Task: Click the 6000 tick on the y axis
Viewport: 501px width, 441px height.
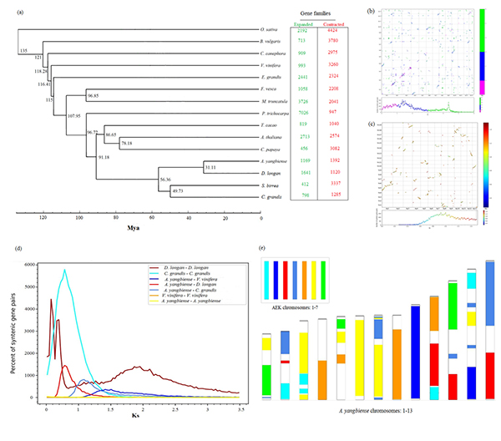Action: click(x=32, y=264)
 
